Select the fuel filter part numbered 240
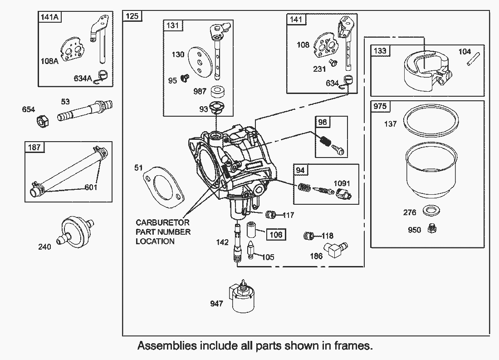tap(75, 232)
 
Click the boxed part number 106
tap(276, 235)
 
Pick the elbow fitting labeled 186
tap(335, 249)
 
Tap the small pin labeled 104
tap(470, 61)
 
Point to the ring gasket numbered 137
tap(431, 121)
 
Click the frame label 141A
tap(49, 17)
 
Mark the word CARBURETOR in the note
tap(162, 222)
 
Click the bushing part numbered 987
tap(218, 92)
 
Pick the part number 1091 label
tap(342, 183)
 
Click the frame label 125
tap(132, 16)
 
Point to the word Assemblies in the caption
tap(167, 345)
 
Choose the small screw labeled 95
tap(185, 77)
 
